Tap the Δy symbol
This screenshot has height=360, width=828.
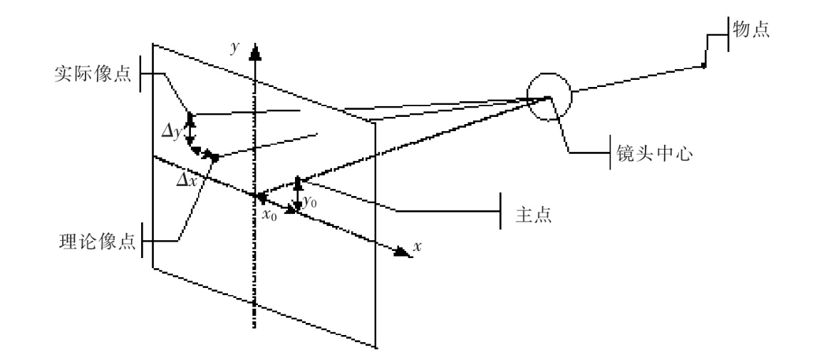click(172, 131)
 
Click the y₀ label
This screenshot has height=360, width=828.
click(311, 202)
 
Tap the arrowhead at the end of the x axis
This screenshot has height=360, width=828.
click(401, 250)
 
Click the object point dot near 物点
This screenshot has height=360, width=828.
click(704, 66)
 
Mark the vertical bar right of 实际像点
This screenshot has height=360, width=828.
click(140, 75)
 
